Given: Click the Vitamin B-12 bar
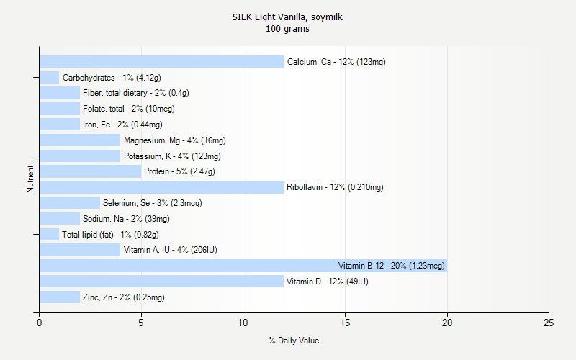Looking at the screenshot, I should (243, 266).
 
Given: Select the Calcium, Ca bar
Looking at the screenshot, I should (162, 62).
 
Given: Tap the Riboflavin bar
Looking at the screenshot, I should (162, 187).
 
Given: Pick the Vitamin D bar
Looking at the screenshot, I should (162, 282).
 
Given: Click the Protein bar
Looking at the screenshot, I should (91, 171).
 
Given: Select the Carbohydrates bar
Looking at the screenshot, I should (49, 78).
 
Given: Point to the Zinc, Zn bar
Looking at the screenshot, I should (60, 297).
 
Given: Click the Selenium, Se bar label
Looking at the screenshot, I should (152, 203).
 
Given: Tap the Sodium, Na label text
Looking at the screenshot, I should (126, 219).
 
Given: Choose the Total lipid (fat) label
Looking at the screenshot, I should (110, 235).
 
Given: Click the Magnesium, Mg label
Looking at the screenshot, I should (174, 140).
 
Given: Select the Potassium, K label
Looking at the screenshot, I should (172, 156).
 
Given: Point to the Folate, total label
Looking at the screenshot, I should (128, 109).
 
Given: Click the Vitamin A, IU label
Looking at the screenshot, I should (170, 251).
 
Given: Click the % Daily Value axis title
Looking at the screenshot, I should (294, 341).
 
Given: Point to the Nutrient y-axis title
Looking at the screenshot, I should (30, 179).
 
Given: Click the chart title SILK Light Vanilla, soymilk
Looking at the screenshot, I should (287, 17).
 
